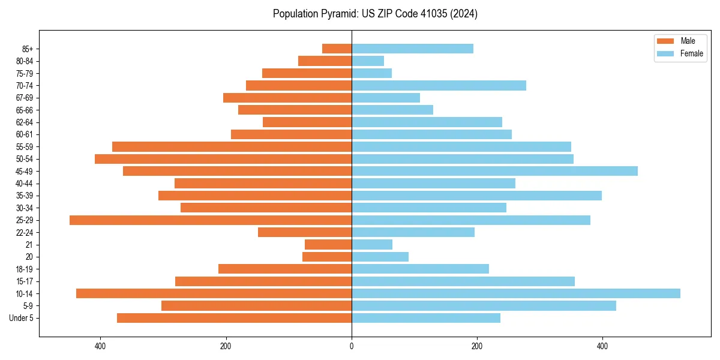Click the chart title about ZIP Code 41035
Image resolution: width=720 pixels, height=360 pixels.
click(375, 14)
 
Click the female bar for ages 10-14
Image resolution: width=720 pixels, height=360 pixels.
click(515, 293)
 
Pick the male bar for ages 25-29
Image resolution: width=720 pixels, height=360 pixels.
click(211, 220)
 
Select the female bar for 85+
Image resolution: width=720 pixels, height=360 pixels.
click(412, 49)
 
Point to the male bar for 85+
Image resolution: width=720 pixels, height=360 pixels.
click(337, 49)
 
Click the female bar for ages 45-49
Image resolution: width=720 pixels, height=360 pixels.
click(494, 171)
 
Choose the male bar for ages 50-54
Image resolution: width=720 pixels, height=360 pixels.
click(223, 159)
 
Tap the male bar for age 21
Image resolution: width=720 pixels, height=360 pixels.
click(328, 245)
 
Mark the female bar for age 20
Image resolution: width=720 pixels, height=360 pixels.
click(380, 257)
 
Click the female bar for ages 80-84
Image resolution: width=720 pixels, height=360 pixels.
click(368, 61)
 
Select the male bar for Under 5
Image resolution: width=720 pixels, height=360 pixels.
click(234, 318)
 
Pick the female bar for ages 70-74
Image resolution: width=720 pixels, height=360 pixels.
click(439, 85)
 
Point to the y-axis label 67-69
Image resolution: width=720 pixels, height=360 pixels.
click(25, 98)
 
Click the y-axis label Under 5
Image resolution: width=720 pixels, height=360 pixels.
click(22, 318)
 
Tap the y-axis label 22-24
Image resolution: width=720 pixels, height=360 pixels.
click(25, 233)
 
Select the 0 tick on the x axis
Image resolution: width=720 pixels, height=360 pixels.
click(352, 346)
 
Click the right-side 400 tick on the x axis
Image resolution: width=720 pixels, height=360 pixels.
click(602, 346)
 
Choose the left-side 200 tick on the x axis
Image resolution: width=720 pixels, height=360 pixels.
click(226, 346)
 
